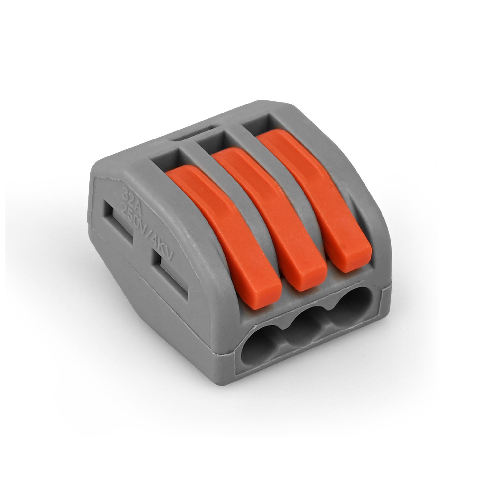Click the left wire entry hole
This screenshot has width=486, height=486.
259,346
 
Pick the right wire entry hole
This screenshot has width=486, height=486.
350,312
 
